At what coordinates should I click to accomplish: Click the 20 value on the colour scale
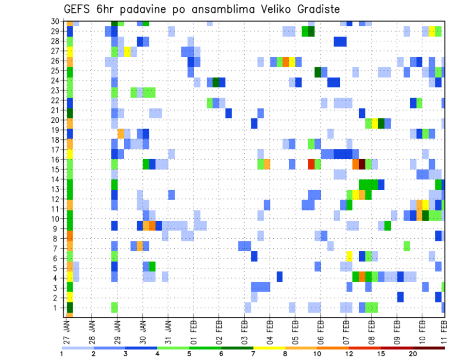(x=413, y=354)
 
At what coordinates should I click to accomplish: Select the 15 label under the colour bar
(x=382, y=354)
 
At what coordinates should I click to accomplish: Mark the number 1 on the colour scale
(x=62, y=354)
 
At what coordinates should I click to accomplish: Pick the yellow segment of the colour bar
(x=269, y=347)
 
